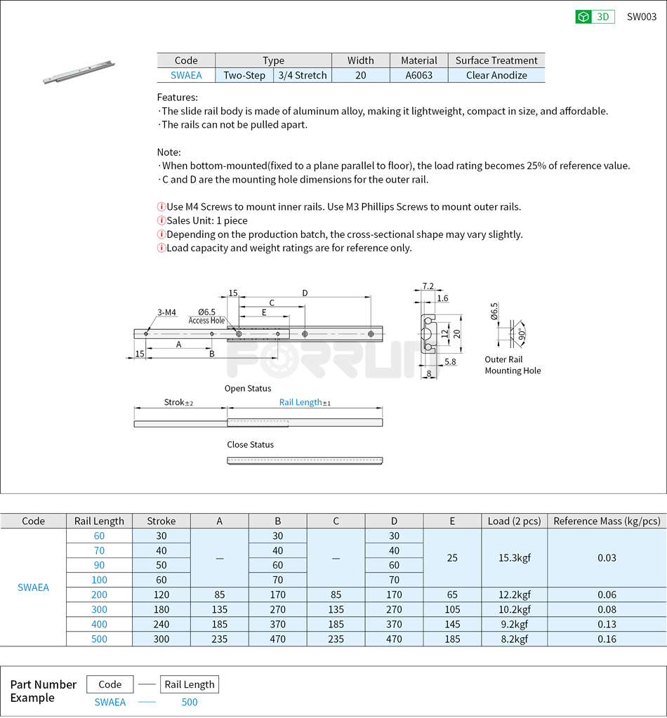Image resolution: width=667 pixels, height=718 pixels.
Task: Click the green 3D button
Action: pos(595,17)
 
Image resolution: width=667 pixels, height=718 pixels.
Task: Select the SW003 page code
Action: pos(641,17)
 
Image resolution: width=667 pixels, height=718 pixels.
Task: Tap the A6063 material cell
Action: pos(418,75)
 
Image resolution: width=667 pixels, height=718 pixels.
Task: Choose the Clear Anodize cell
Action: pos(496,75)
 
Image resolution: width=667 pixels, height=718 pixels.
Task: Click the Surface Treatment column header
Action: pos(496,60)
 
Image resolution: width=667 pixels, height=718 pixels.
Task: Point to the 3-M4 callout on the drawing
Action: pos(166,312)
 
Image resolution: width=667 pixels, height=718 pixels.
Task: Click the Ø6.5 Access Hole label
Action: pos(206,316)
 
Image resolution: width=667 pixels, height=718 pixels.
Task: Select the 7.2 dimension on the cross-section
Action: pos(428,286)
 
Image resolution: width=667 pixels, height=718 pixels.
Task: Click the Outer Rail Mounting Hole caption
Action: pos(513,365)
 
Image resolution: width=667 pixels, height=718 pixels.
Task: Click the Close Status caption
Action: pos(250,444)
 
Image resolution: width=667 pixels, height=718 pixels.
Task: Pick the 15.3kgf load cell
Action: pos(514,558)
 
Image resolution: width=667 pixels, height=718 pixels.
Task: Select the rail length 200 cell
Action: pos(99,594)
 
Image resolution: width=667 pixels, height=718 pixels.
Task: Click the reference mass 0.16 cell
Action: pos(607,639)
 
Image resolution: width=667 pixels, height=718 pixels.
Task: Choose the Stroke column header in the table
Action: pos(161,521)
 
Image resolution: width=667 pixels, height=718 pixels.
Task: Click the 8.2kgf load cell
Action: pos(514,639)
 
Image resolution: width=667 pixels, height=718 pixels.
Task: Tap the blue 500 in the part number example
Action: pos(190,702)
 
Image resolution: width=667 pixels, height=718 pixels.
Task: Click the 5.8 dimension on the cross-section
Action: pos(450,361)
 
